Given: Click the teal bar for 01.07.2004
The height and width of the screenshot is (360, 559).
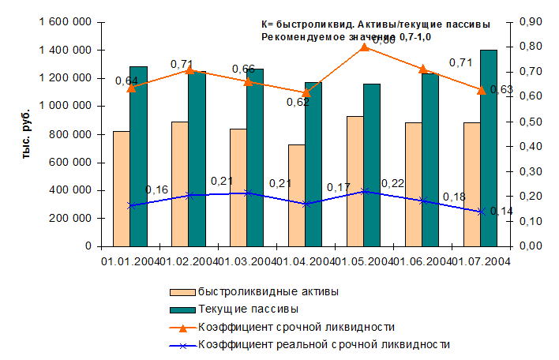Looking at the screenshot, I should tap(488, 148).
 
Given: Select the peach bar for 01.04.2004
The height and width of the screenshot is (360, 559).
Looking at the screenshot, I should tap(296, 195).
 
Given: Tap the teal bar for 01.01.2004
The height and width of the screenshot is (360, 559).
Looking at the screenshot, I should tap(138, 156).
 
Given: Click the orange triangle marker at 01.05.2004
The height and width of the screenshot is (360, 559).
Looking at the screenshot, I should tap(364, 47).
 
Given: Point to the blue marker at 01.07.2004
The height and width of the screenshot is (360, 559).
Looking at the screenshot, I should tap(480, 212).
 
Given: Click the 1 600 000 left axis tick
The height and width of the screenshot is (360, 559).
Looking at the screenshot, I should tap(64, 23).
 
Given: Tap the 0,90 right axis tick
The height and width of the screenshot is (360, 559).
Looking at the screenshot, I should tap(527, 23).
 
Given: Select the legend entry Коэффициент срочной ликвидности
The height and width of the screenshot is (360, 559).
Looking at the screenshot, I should tap(296, 327).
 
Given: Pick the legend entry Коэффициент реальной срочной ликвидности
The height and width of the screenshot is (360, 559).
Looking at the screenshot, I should tap(324, 344).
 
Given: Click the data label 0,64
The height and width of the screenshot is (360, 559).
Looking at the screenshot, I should tap(126, 81).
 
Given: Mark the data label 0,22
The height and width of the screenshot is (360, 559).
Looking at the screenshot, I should tap(392, 183).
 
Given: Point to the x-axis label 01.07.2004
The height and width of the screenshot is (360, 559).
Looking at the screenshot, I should tap(480, 261).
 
